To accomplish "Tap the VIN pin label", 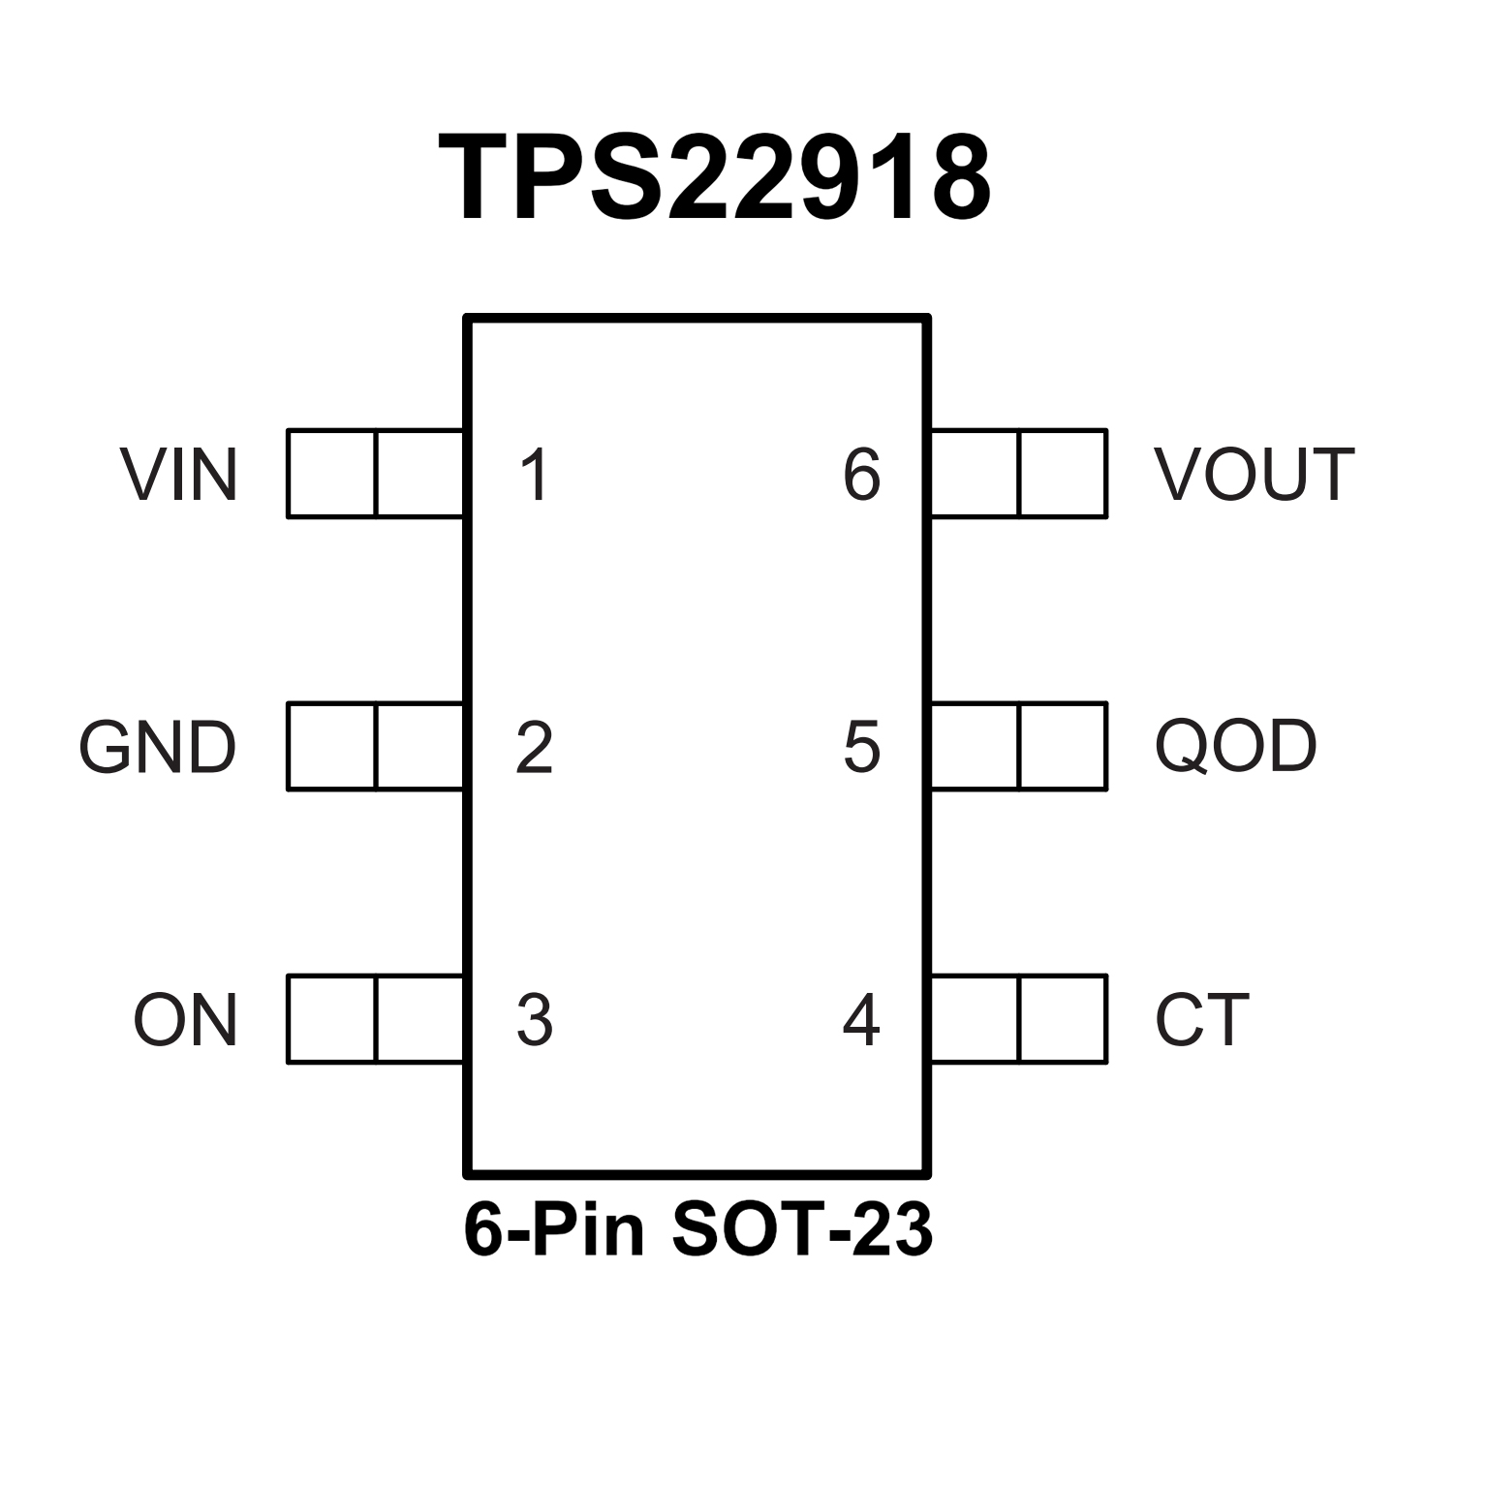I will pyautogui.click(x=179, y=475).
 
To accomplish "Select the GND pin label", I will pyautogui.click(x=158, y=747).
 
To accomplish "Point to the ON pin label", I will pyautogui.click(x=185, y=1020).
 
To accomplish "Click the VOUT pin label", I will pyautogui.click(x=1254, y=475).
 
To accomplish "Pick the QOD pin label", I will pyautogui.click(x=1235, y=747).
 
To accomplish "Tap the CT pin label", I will pyautogui.click(x=1201, y=1020).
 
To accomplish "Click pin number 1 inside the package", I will pyautogui.click(x=535, y=475).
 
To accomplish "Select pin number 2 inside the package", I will pyautogui.click(x=535, y=748).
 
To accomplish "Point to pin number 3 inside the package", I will pyautogui.click(x=535, y=1020).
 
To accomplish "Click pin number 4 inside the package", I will pyautogui.click(x=861, y=1020).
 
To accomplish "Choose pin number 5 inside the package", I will pyautogui.click(x=861, y=748).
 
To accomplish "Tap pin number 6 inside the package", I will pyautogui.click(x=861, y=475).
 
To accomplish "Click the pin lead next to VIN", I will pyautogui.click(x=375, y=474).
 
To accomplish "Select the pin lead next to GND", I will pyautogui.click(x=375, y=746).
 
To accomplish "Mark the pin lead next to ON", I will pyautogui.click(x=375, y=1019).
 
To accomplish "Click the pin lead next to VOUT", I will pyautogui.click(x=1018, y=474).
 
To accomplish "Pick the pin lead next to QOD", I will pyautogui.click(x=1018, y=746).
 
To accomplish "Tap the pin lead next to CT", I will pyautogui.click(x=1018, y=1019).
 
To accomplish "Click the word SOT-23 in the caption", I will pyautogui.click(x=800, y=1231).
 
